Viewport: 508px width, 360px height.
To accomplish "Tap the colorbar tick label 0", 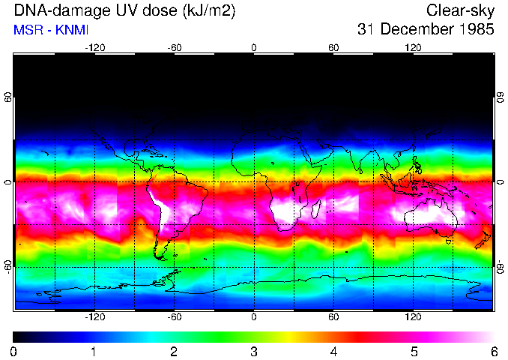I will (x=13, y=352).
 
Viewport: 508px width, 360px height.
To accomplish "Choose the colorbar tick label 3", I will (x=254, y=352).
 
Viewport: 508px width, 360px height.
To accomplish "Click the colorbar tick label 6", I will (x=494, y=352).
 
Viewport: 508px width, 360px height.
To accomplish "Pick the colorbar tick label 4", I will (x=333, y=352).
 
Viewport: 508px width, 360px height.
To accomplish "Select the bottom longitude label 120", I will (x=414, y=317).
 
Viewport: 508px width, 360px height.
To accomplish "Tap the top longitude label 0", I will (x=254, y=48).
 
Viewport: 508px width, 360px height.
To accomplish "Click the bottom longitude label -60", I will (x=175, y=317).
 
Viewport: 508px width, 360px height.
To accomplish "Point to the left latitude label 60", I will (x=8, y=97).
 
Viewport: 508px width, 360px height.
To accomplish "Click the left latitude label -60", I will (x=8, y=266).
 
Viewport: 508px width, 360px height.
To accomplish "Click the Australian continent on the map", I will (x=427, y=217).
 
